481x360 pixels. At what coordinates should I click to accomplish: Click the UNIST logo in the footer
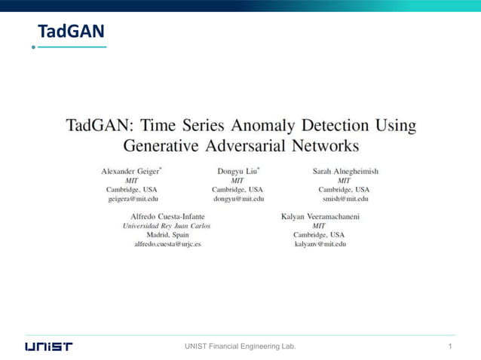(x=49, y=346)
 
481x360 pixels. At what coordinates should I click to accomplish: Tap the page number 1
(x=449, y=346)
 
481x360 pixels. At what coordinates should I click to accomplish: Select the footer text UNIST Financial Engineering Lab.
(x=240, y=346)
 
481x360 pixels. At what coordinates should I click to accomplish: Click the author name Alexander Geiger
(x=131, y=171)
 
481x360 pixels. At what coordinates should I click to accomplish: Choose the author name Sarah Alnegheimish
(x=345, y=171)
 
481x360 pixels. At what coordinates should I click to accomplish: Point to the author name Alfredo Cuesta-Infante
(x=167, y=217)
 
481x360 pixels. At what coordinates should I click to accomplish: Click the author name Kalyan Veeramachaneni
(x=320, y=217)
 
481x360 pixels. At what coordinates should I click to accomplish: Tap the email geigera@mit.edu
(x=133, y=199)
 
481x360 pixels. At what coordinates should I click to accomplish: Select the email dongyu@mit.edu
(x=238, y=199)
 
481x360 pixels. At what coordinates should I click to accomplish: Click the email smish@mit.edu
(x=345, y=199)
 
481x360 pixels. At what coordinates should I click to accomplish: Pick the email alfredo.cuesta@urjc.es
(x=167, y=244)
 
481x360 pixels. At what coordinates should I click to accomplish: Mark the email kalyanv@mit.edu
(x=320, y=244)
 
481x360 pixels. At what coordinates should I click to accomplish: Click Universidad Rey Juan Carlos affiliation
(x=167, y=226)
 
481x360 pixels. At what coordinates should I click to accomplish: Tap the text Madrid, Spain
(x=167, y=235)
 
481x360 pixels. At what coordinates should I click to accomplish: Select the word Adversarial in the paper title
(x=254, y=145)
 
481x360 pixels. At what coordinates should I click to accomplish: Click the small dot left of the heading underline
(x=33, y=47)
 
